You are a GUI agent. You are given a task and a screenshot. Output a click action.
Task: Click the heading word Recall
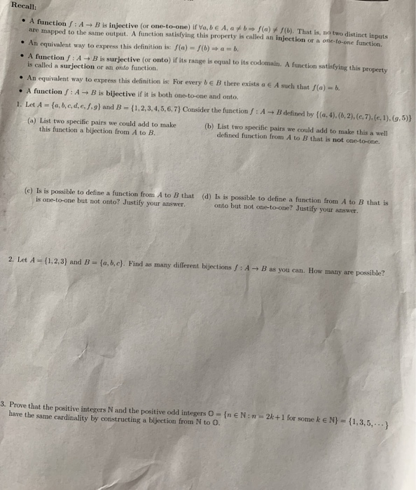point(14,6)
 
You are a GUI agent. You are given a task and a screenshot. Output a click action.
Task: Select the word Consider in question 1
point(210,110)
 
